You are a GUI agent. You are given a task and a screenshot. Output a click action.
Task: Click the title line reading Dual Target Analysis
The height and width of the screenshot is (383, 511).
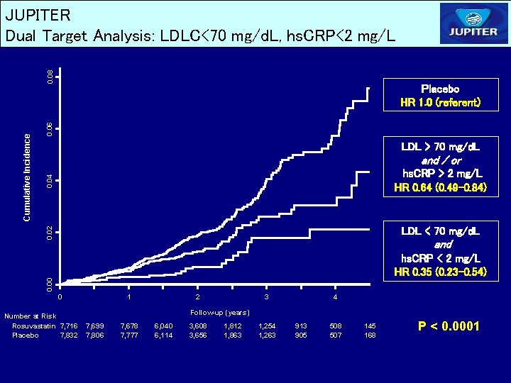(x=201, y=35)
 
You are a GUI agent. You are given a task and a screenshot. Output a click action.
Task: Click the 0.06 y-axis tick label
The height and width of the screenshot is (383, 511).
(x=49, y=129)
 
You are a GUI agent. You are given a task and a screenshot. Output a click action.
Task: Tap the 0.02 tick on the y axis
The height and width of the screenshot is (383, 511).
(x=49, y=232)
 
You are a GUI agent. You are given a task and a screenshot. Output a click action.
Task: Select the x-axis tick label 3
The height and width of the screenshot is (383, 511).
(x=266, y=296)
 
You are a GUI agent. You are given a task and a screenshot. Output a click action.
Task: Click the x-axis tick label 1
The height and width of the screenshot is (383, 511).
(x=128, y=296)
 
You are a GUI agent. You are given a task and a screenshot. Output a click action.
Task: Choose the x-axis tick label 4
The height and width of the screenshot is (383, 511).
(x=335, y=296)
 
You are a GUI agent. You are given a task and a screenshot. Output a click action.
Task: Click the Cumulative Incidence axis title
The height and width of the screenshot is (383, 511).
(x=27, y=177)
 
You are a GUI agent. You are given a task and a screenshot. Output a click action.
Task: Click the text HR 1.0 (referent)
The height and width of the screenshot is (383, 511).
(x=440, y=103)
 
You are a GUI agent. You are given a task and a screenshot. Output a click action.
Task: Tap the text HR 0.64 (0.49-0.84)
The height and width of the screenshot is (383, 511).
(x=440, y=188)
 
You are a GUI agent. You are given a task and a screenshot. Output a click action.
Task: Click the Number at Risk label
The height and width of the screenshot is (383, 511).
(x=30, y=316)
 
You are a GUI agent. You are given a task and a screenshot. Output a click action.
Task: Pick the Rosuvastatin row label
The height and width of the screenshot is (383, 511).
(x=34, y=326)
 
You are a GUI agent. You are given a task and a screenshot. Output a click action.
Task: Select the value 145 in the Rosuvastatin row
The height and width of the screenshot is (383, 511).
(x=370, y=326)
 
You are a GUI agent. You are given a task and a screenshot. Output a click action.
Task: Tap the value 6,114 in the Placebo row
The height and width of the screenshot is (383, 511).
(x=163, y=335)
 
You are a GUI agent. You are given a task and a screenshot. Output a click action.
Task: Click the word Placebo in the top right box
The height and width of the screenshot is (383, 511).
(x=440, y=89)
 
